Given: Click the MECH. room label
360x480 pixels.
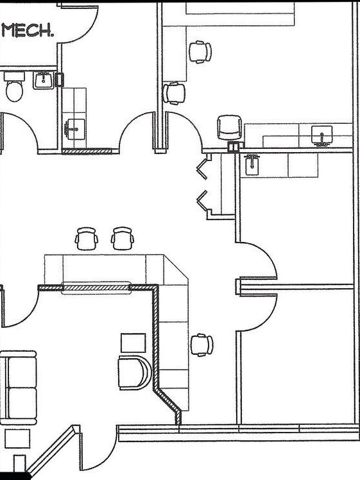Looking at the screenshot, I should (28, 30).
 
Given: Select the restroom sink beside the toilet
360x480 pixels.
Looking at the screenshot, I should (44, 80).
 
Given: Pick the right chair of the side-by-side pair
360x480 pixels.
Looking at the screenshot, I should (123, 238).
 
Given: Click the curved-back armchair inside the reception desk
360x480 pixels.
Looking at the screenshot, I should (133, 373).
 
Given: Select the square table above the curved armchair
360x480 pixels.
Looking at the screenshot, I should (133, 342).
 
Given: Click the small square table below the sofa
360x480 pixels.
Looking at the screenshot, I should (17, 438).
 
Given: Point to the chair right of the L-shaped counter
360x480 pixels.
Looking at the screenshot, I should (202, 345).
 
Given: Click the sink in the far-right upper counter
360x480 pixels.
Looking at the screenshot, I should (321, 135).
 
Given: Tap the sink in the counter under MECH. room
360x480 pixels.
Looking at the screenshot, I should (75, 128).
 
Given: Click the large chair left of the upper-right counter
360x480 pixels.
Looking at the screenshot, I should (229, 126).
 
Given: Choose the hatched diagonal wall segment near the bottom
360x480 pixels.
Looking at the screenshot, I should (169, 404).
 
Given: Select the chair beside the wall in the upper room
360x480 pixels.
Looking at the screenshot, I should (173, 93).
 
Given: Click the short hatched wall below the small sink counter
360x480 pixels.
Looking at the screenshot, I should (87, 151).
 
